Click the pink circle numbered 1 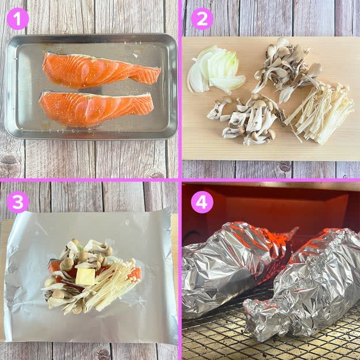18,18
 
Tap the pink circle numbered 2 202,18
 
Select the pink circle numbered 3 18,202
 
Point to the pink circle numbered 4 202,202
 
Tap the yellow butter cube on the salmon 85,276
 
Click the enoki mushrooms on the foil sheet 108,287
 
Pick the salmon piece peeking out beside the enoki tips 137,273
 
